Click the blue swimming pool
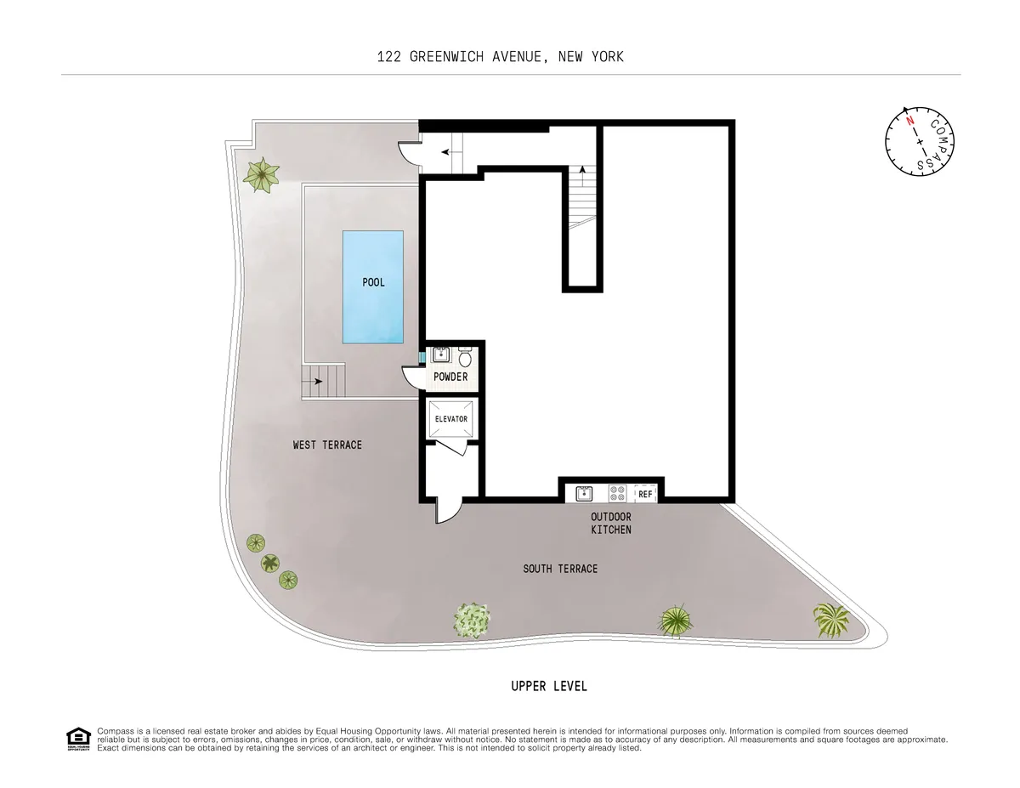[x=372, y=286]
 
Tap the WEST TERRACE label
[x=327, y=445]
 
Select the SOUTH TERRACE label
[x=560, y=569]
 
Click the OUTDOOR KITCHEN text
[x=611, y=523]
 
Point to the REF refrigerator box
[x=645, y=494]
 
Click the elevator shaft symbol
[x=451, y=420]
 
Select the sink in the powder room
[x=441, y=354]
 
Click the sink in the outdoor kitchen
[x=584, y=493]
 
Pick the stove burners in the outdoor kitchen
[x=617, y=493]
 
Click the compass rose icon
[x=920, y=142]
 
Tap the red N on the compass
[x=909, y=122]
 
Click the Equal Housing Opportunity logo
[x=77, y=739]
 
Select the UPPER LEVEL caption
[x=548, y=686]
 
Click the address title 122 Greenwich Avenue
[x=501, y=57]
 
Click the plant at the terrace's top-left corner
[x=261, y=174]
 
